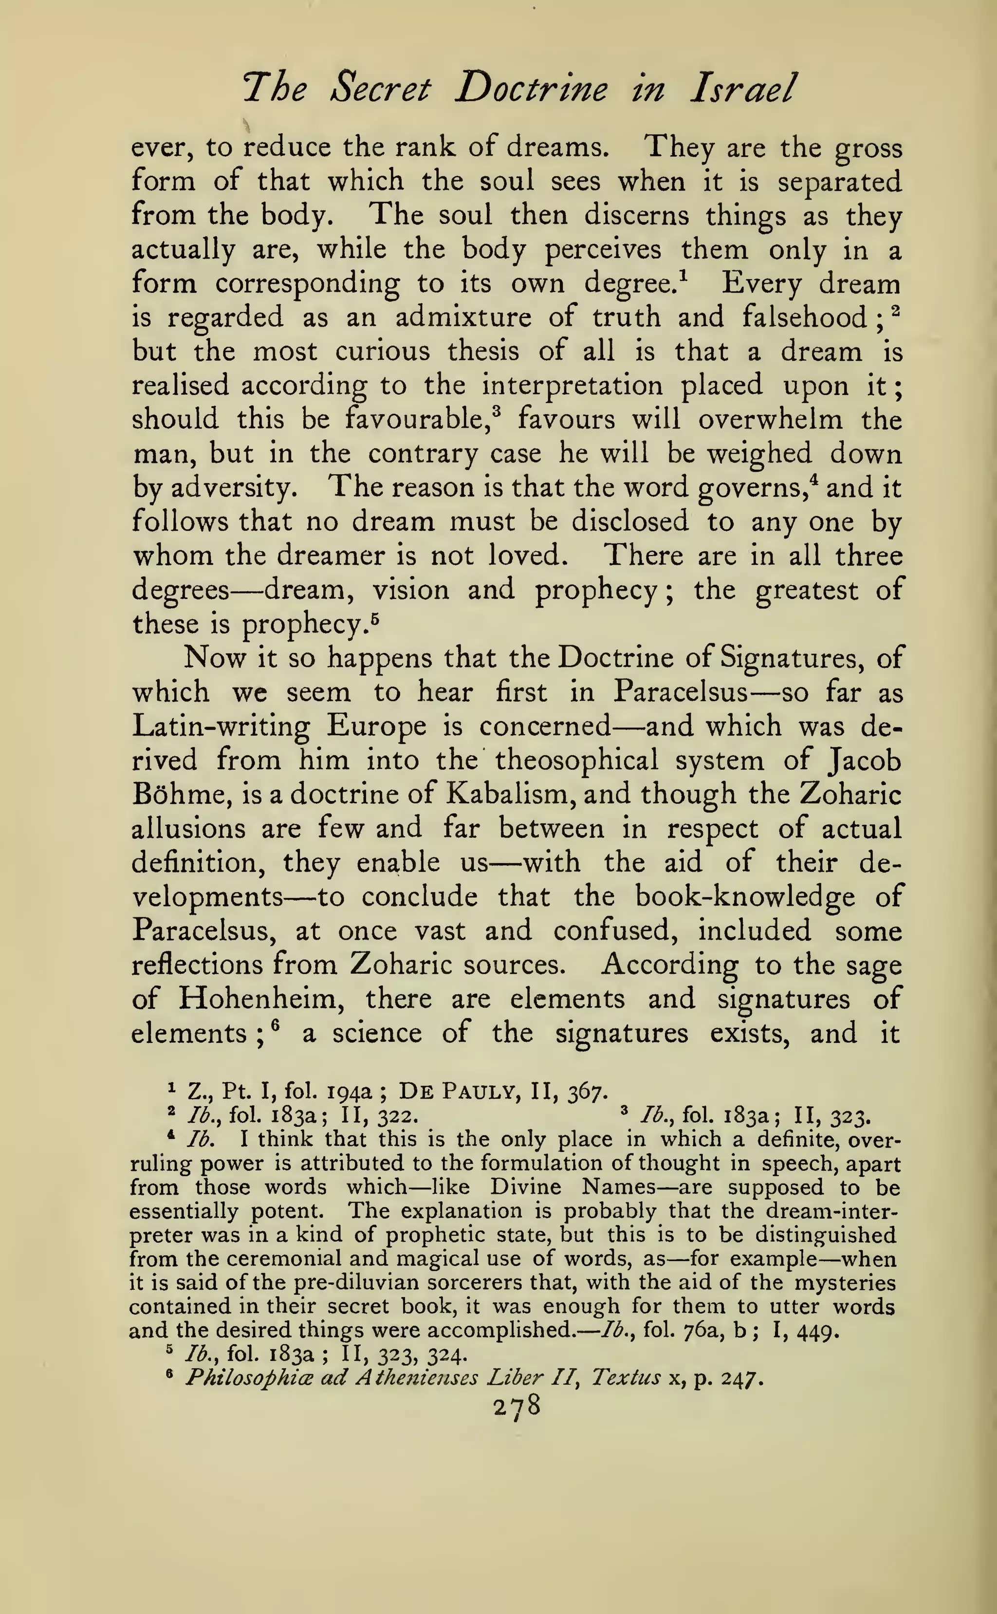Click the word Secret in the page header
(x=381, y=89)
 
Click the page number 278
(x=517, y=1406)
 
